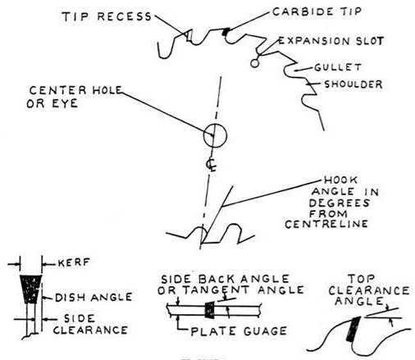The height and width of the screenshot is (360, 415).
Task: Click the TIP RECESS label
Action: [107, 16]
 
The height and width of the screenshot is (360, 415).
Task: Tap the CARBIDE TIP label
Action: [317, 11]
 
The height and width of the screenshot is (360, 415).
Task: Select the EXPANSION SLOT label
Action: [331, 41]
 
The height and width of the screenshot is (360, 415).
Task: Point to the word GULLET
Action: [338, 67]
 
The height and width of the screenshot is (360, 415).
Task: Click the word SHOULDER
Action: [353, 84]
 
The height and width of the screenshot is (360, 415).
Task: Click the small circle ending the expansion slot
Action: [254, 63]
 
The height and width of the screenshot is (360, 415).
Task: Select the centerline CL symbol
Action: [211, 164]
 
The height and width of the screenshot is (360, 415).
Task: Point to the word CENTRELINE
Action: [326, 224]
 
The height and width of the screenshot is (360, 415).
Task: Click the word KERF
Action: [74, 262]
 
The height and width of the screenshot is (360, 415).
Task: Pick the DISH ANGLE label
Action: [93, 298]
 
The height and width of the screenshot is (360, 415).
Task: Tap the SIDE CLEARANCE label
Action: [90, 324]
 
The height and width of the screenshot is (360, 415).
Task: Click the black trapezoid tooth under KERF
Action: [30, 289]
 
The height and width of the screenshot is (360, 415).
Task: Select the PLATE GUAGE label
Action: [239, 331]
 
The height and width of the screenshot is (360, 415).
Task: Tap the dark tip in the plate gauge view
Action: [210, 310]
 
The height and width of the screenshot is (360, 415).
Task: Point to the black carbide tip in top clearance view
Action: [353, 329]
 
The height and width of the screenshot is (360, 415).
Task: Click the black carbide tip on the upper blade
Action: [225, 32]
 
